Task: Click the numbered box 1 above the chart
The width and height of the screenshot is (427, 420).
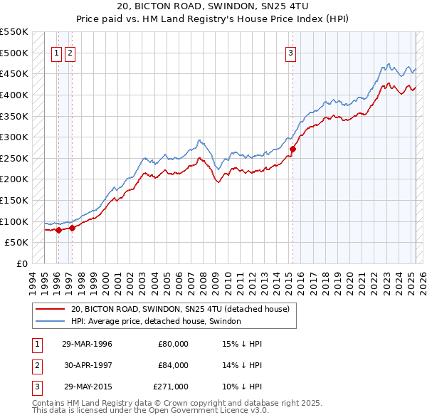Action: pyautogui.click(x=56, y=52)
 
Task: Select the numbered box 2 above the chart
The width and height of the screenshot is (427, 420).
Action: pyautogui.click(x=70, y=52)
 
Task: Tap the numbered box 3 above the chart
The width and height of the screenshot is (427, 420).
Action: pyautogui.click(x=291, y=52)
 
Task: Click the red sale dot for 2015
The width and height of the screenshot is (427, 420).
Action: pyautogui.click(x=292, y=149)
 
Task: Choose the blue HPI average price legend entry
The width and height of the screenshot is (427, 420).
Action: pyautogui.click(x=156, y=322)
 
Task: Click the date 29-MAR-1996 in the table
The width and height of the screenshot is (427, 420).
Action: pyautogui.click(x=87, y=345)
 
